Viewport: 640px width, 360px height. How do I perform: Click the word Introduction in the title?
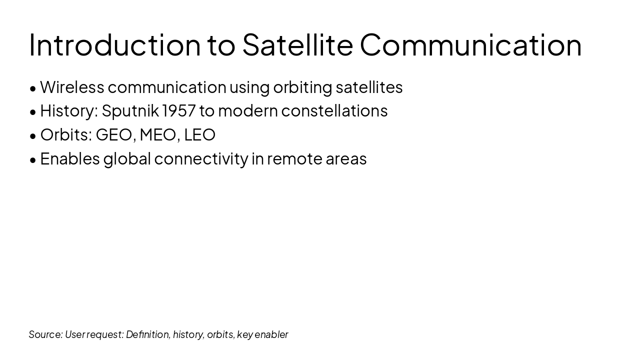click(x=114, y=44)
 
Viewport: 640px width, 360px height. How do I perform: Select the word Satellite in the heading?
click(x=297, y=44)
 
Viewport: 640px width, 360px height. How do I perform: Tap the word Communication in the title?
click(x=470, y=44)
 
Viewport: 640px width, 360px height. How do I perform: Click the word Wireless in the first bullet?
click(x=72, y=87)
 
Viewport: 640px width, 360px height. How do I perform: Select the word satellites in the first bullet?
click(x=369, y=87)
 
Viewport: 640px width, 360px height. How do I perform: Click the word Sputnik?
click(x=130, y=111)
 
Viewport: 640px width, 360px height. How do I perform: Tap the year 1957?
click(x=178, y=111)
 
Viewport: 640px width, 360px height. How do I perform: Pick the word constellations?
click(x=334, y=111)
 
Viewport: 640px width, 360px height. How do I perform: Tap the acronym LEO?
click(x=199, y=135)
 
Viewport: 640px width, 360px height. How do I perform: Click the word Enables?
click(x=70, y=158)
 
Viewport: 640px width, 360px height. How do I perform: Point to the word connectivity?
click(x=201, y=159)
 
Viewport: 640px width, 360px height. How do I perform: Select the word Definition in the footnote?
click(x=147, y=334)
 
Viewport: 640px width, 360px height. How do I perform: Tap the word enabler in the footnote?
click(x=271, y=334)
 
